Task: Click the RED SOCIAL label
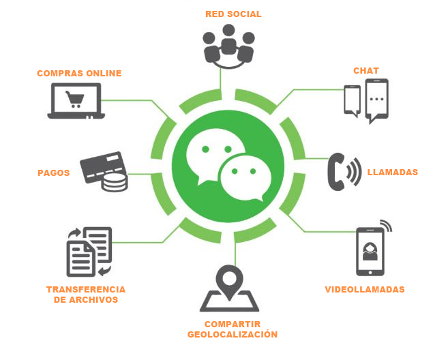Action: click(x=233, y=14)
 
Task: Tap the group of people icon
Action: click(x=228, y=47)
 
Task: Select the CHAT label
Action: click(x=365, y=71)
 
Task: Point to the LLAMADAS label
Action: click(x=392, y=172)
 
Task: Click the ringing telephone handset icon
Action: click(x=343, y=170)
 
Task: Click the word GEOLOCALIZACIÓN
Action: click(x=233, y=335)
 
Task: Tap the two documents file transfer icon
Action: click(x=88, y=252)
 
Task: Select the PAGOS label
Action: click(x=53, y=172)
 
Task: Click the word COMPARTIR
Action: click(x=233, y=324)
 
